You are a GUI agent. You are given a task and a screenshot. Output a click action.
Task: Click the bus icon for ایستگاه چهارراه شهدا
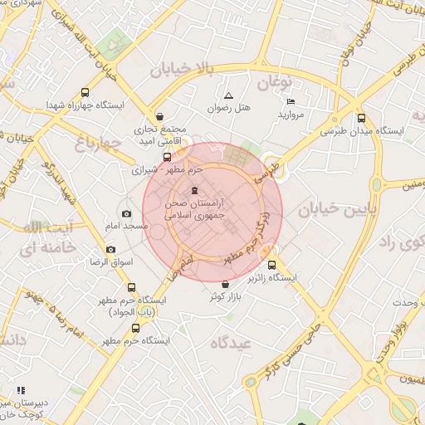85,93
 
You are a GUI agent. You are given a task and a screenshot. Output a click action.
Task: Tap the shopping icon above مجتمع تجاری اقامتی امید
159,116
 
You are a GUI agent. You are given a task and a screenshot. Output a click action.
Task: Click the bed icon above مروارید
291,100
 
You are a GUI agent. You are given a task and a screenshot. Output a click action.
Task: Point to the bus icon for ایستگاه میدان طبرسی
360,118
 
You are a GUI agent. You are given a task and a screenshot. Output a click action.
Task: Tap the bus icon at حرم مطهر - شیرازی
167,156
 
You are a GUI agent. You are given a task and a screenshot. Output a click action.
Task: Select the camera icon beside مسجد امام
126,213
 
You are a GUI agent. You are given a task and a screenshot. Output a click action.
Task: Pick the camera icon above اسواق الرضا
110,249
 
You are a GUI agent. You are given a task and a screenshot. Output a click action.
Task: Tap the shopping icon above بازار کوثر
225,285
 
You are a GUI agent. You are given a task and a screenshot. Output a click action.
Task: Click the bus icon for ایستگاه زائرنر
296,266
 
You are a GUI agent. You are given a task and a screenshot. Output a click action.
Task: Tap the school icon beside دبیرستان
21,389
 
